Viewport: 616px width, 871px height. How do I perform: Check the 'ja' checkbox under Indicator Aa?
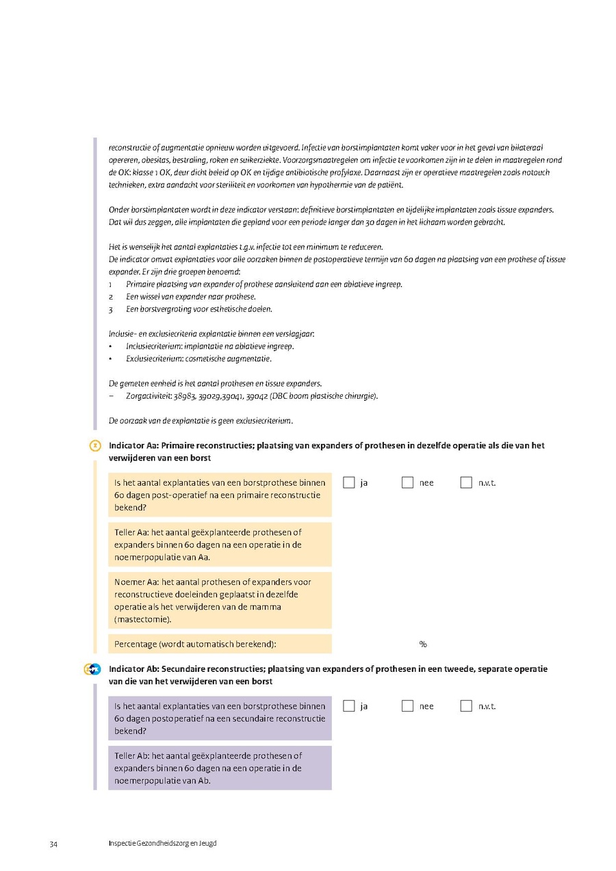[349, 482]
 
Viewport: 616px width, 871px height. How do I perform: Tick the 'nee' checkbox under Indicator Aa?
[408, 482]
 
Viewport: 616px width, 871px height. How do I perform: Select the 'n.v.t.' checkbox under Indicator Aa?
[467, 482]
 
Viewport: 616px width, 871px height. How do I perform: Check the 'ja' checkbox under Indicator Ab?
[349, 705]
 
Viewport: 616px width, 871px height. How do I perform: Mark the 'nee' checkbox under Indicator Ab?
[408, 705]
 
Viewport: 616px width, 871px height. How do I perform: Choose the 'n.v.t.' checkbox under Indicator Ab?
[467, 705]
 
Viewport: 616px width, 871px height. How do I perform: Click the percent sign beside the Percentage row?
[423, 644]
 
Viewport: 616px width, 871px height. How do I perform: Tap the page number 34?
[53, 844]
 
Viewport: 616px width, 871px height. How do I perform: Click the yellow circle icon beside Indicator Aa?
[96, 446]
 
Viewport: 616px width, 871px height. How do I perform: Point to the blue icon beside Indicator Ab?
[94, 669]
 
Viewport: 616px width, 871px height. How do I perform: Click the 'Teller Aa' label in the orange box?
[131, 532]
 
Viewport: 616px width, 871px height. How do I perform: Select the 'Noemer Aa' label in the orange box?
[136, 582]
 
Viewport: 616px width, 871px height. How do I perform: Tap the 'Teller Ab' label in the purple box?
[131, 755]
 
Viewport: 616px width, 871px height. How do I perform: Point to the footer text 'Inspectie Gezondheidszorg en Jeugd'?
[162, 844]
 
